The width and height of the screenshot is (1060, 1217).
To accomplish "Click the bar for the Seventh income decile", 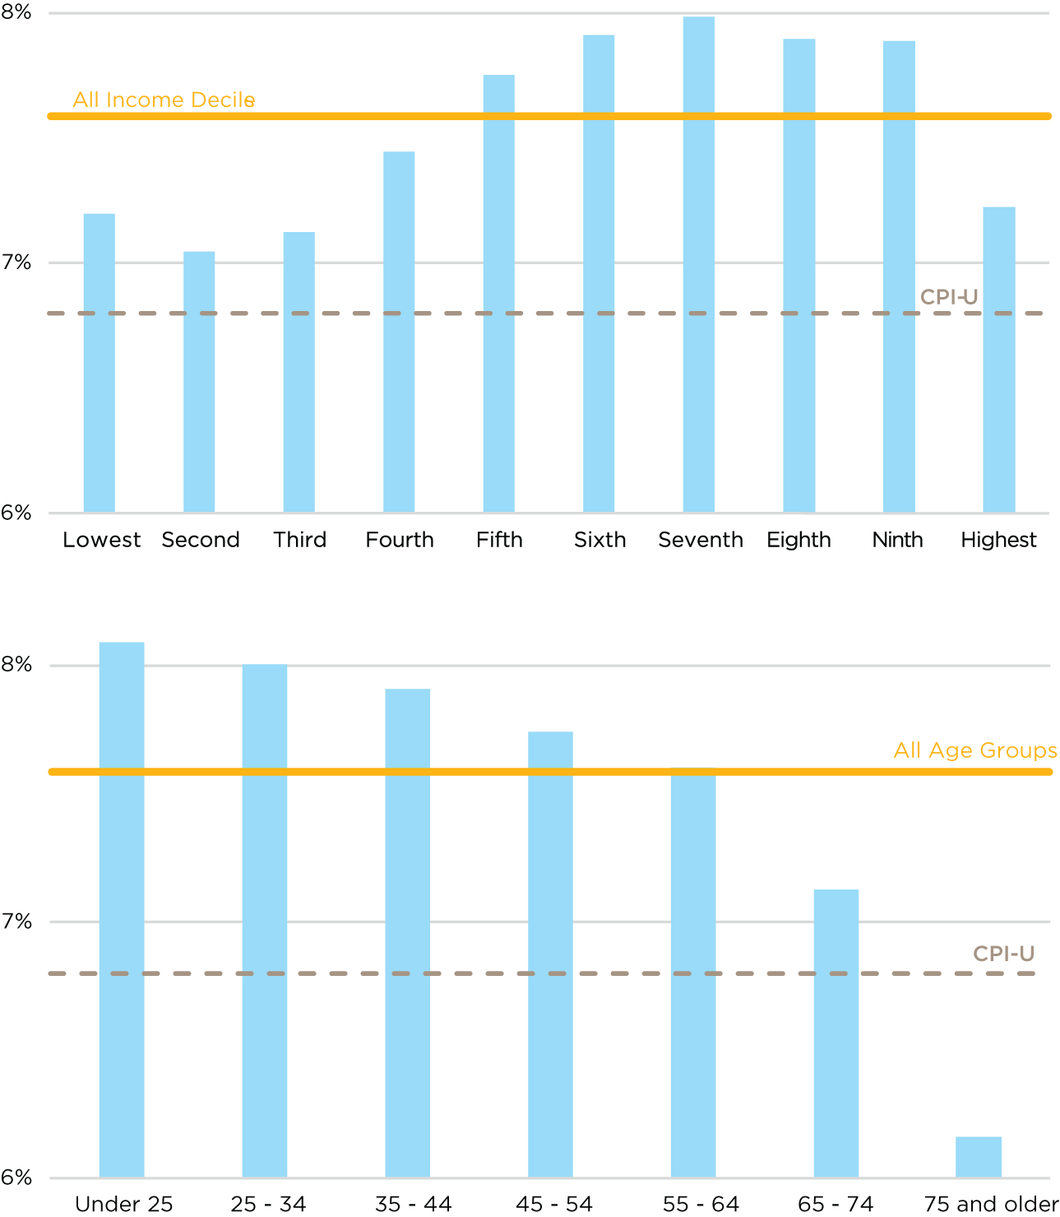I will (698, 263).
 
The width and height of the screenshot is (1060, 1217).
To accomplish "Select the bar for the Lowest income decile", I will (99, 362).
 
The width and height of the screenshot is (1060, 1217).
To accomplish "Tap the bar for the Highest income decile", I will (998, 359).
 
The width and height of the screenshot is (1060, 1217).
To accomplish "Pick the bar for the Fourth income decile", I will (399, 332).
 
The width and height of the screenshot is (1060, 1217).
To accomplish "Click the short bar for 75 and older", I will (978, 1156).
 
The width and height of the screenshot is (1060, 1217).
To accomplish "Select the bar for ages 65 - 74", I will (836, 1033).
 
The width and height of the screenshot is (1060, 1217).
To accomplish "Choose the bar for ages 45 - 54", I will (550, 955).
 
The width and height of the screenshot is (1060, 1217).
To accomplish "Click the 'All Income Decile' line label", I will (164, 100).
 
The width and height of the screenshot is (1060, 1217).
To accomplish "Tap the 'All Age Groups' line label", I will (975, 750).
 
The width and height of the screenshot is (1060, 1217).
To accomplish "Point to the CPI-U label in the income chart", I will (949, 297).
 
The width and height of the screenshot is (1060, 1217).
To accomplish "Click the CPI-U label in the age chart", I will (1003, 954).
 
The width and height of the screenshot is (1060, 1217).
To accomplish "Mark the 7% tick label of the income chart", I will (16, 262).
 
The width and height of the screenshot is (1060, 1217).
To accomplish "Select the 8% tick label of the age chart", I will (16, 664).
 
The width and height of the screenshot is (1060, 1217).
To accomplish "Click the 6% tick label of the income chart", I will (16, 513).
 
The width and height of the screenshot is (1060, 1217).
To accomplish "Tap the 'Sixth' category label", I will (599, 540).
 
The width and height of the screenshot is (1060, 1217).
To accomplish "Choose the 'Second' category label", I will (201, 540).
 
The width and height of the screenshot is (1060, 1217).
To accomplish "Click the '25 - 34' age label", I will (268, 1204).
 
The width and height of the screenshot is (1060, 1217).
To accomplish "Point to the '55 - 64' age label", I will (701, 1204).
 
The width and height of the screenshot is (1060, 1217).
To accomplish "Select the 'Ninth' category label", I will (897, 540).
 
